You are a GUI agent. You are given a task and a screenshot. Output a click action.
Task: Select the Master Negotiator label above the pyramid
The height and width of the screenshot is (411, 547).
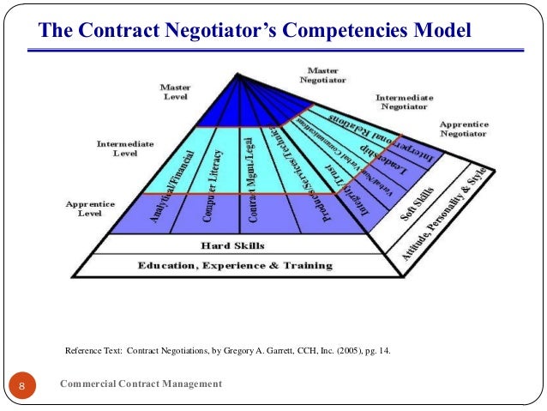(x=322, y=74)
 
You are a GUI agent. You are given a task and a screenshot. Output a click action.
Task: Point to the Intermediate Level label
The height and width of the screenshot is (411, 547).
(x=125, y=148)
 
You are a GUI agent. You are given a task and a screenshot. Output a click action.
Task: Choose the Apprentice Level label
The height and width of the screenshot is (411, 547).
(x=90, y=209)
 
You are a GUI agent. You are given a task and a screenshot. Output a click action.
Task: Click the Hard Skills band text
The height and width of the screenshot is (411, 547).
(x=232, y=245)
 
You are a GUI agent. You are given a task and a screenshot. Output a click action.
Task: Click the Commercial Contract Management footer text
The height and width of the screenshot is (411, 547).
(x=141, y=384)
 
